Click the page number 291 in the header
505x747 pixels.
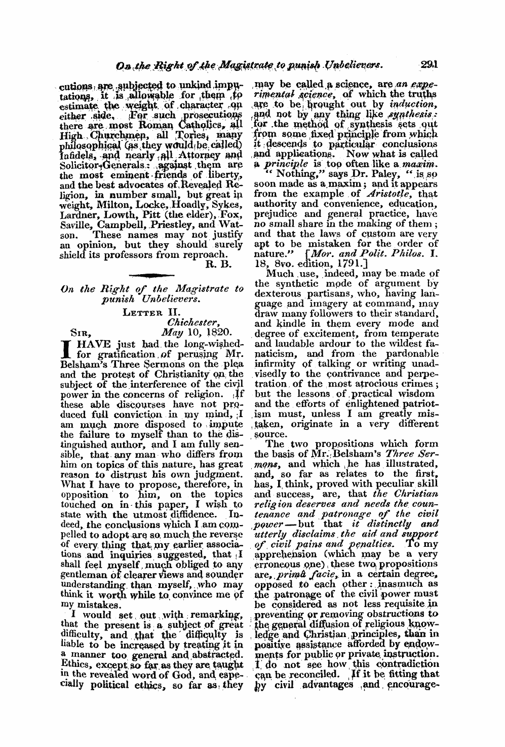pos(435,51)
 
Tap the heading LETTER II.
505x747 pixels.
pos(152,314)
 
